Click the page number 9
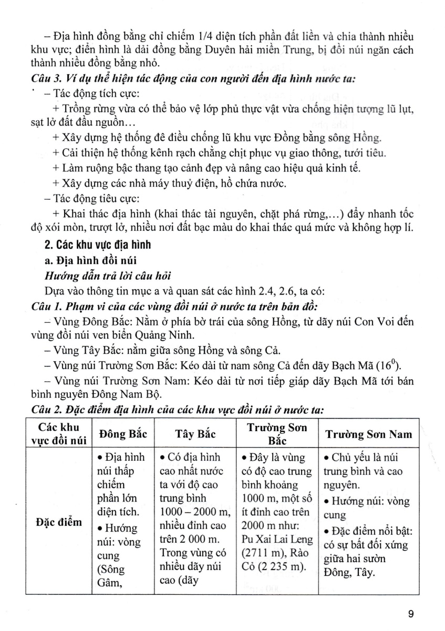click(x=411, y=613)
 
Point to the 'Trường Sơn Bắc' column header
click(x=276, y=434)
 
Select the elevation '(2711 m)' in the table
click(x=261, y=553)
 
